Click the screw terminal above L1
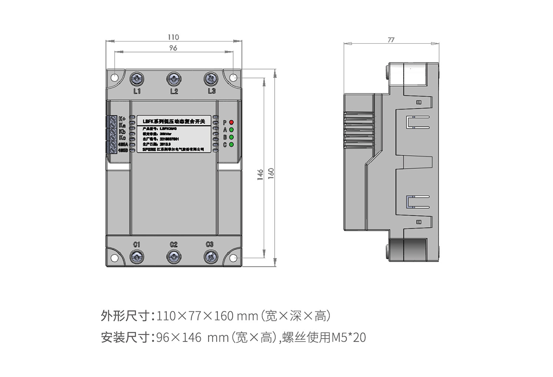click(136, 79)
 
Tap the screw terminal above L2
click(174, 79)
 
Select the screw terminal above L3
click(211, 79)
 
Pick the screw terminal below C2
click(173, 257)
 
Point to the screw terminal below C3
click(210, 257)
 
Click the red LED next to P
click(232, 123)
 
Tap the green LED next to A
click(232, 130)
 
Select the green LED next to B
click(232, 137)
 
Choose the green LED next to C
click(232, 145)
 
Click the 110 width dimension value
click(173, 37)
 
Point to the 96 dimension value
click(173, 48)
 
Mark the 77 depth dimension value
click(391, 40)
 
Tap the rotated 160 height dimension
click(271, 172)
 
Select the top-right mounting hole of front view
click(234, 77)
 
